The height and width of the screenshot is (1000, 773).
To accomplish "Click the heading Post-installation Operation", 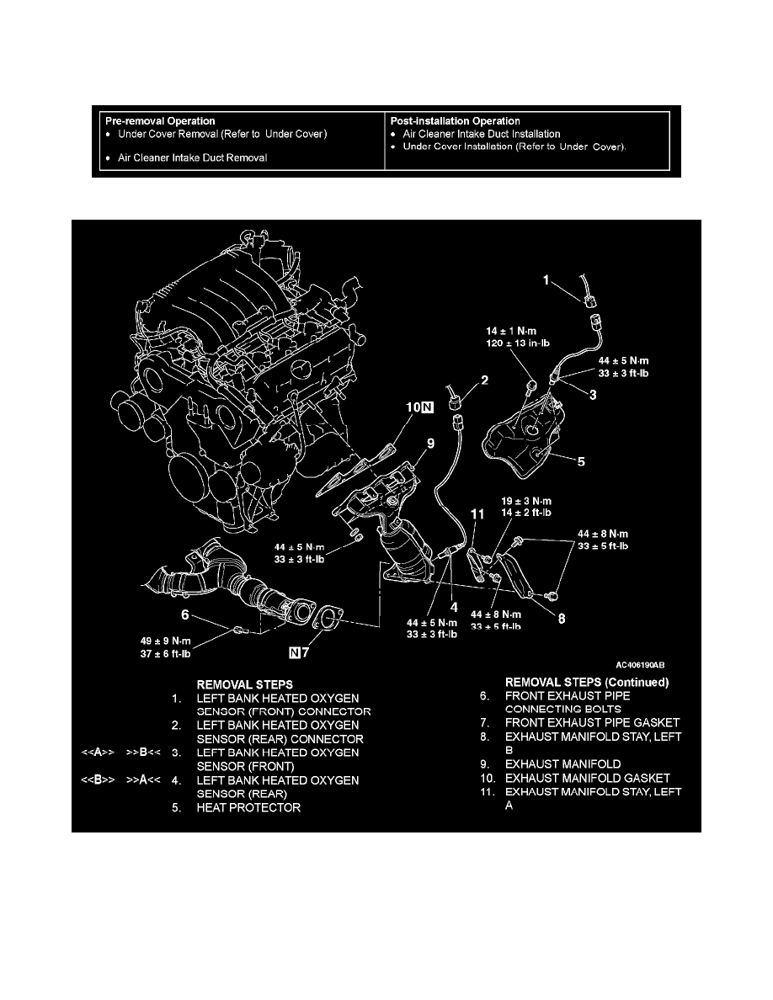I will pyautogui.click(x=456, y=121).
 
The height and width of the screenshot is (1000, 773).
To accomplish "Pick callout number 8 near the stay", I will pyautogui.click(x=562, y=617).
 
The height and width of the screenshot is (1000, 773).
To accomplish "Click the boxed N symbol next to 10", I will pyautogui.click(x=427, y=409).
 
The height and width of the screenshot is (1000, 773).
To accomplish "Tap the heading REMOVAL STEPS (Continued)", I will pyautogui.click(x=586, y=682).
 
